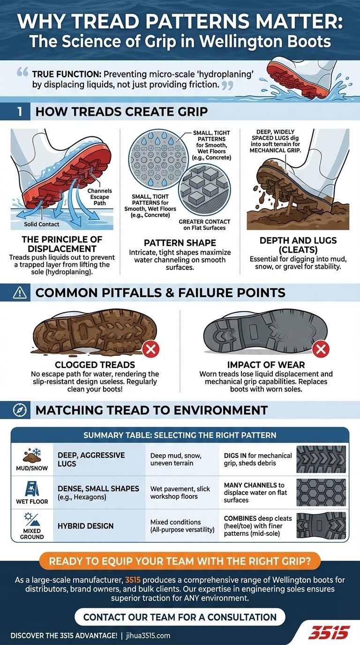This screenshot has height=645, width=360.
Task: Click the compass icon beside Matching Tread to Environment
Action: pyautogui.click(x=19, y=410)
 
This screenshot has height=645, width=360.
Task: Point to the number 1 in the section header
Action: pyautogui.click(x=19, y=112)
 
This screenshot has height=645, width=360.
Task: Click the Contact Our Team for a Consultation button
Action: pyautogui.click(x=180, y=616)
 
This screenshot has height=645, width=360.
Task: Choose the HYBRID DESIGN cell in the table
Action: pyautogui.click(x=85, y=526)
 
